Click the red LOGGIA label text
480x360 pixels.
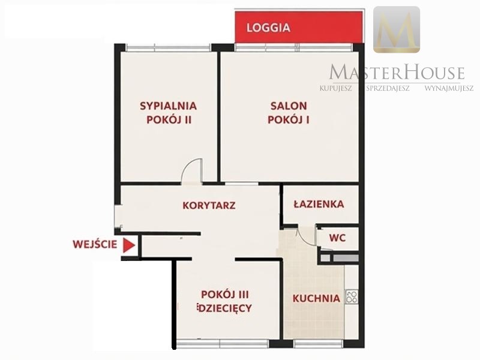point(268,28)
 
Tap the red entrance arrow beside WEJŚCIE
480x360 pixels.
point(129,245)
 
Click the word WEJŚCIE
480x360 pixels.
point(95,244)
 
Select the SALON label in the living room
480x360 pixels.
point(289,106)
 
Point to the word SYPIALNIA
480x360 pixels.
point(169,106)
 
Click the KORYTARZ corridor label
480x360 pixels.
point(209,205)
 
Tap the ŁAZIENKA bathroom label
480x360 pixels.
point(319,204)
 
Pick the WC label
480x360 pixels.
point(337,238)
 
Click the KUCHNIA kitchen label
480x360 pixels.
point(316,298)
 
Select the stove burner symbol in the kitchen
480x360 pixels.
point(352,296)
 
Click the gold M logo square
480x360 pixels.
point(397,29)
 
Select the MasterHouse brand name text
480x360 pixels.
point(397,73)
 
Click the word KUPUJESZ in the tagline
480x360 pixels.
point(336,88)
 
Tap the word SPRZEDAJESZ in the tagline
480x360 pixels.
point(388,88)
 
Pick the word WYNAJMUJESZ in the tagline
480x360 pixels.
point(449,88)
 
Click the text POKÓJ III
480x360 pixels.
point(225,295)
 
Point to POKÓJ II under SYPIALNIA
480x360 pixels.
point(169,119)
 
